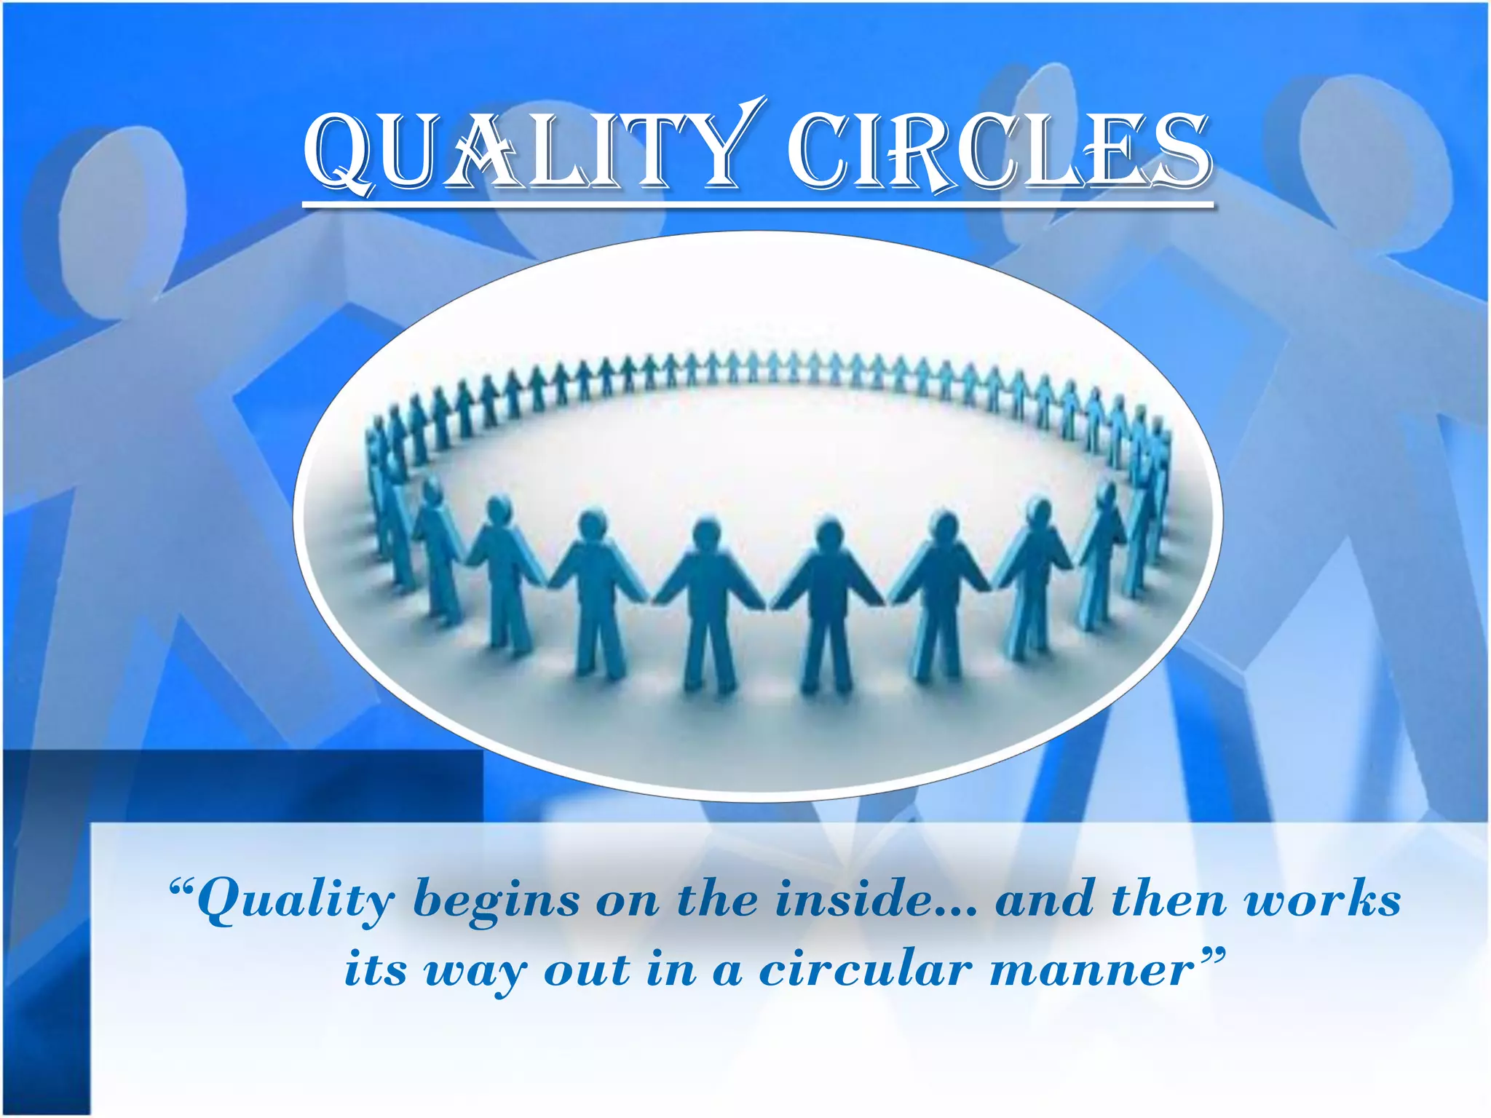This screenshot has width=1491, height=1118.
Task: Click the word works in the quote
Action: pyautogui.click(x=1322, y=900)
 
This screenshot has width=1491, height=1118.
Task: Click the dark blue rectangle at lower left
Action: pyautogui.click(x=240, y=786)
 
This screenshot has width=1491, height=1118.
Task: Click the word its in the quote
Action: pyautogui.click(x=375, y=970)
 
